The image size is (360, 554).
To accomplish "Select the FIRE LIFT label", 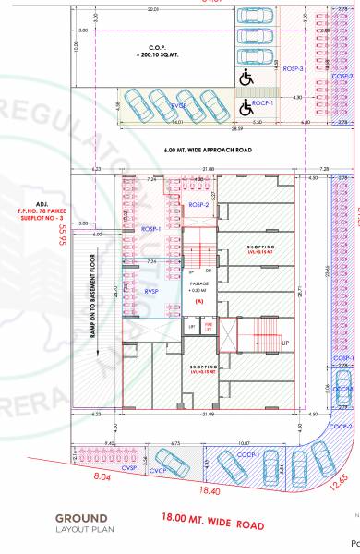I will (208, 326).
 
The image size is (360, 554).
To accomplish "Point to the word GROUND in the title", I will (80, 517).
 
